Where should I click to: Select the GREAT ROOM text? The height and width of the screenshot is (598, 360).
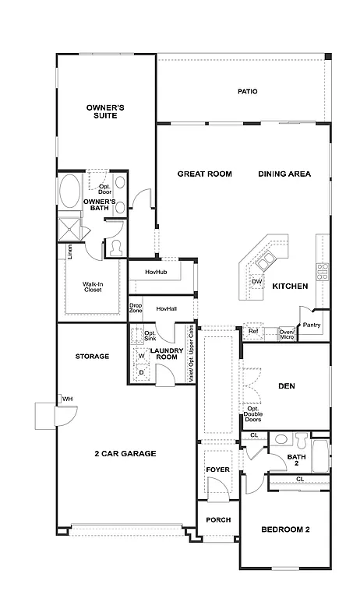point(204,174)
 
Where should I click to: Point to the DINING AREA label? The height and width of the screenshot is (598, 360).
point(284,174)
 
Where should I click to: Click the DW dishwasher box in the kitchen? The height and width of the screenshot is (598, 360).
point(256,282)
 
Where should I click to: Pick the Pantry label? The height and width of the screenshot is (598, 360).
point(312,325)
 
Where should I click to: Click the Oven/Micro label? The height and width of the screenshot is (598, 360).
point(287,333)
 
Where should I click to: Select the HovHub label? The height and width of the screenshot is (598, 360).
point(157,272)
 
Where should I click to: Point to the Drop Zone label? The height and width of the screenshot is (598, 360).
point(136,308)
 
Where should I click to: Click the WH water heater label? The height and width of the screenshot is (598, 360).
point(68,399)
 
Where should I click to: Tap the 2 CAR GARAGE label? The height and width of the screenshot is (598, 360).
point(125,453)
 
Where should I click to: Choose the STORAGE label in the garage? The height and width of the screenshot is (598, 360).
point(92,357)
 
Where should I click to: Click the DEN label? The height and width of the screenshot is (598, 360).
point(286,385)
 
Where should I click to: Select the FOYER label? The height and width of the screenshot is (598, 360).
point(217,470)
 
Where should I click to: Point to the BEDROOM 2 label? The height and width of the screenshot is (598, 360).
point(285,529)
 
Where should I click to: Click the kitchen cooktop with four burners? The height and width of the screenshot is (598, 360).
point(322,272)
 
